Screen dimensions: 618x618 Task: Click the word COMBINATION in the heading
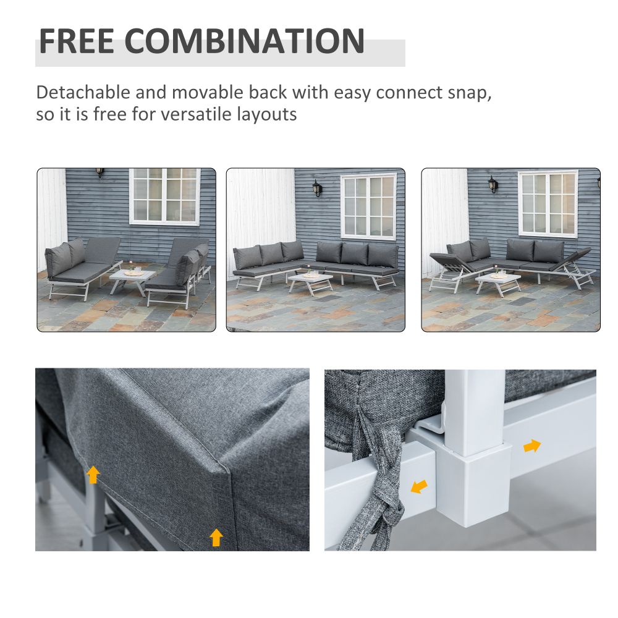click(x=245, y=41)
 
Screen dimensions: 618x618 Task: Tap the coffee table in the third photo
click(x=498, y=282)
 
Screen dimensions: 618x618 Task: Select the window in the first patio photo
click(x=164, y=195)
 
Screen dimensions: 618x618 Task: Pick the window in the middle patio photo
click(x=369, y=206)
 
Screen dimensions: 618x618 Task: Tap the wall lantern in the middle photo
click(x=317, y=188)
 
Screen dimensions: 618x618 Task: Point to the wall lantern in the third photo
click(x=493, y=184)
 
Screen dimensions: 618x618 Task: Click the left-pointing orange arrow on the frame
click(x=420, y=487)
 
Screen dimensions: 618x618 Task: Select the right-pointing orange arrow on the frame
click(x=531, y=445)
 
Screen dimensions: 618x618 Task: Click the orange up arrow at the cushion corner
click(x=216, y=536)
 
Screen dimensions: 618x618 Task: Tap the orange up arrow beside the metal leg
click(x=93, y=474)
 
